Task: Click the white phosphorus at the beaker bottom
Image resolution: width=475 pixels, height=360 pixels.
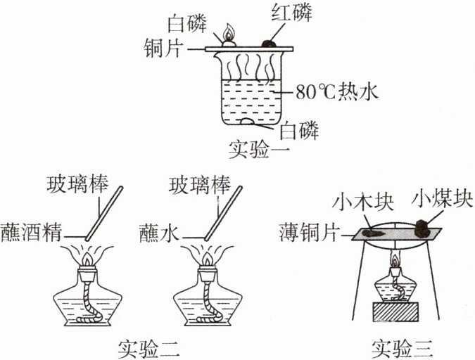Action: tap(249, 124)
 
